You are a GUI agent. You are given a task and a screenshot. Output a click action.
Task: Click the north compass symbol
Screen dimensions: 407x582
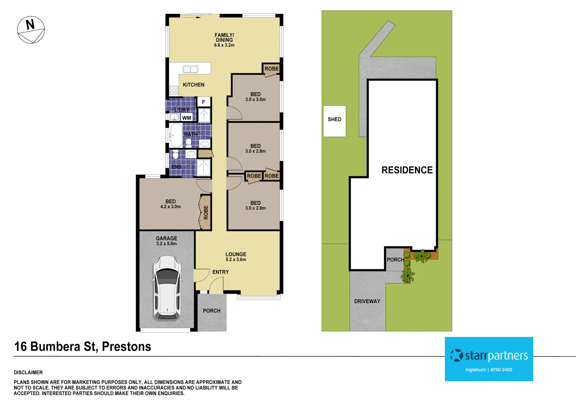(31, 30)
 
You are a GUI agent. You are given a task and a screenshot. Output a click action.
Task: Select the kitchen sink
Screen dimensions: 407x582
(190, 69)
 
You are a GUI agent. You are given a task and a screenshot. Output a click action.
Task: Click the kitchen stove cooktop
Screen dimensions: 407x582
(174, 90)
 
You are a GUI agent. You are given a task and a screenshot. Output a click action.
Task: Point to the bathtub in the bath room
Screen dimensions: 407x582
(176, 135)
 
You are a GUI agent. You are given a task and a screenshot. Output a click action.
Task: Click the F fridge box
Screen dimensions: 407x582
(204, 102)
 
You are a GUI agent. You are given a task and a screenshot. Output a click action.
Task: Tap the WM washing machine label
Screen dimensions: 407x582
(187, 118)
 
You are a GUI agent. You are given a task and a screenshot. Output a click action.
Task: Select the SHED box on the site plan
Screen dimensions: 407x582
(334, 121)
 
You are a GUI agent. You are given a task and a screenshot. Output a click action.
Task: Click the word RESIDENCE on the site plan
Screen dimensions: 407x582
(407, 170)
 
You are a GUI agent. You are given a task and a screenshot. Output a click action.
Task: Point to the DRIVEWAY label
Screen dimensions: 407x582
(367, 301)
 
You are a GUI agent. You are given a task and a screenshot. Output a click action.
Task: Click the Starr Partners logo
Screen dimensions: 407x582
(489, 355)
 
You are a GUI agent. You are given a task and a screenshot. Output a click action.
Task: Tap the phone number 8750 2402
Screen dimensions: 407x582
(501, 370)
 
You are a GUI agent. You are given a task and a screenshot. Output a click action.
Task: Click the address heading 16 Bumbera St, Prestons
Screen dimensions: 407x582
(83, 346)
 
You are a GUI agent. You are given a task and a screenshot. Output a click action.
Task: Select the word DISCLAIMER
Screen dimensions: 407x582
(28, 373)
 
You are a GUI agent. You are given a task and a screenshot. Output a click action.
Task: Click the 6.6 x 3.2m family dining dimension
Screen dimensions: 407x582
(224, 45)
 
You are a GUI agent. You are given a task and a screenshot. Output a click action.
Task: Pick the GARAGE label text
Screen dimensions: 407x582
(167, 239)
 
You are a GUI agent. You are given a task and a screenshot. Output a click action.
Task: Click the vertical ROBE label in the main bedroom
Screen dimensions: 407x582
(206, 212)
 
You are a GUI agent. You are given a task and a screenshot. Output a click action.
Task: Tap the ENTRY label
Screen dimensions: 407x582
(220, 272)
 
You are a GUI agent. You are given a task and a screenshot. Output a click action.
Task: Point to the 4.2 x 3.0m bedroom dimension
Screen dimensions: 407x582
(171, 207)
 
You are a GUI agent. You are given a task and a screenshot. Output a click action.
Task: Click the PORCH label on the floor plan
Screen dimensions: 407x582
(212, 311)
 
